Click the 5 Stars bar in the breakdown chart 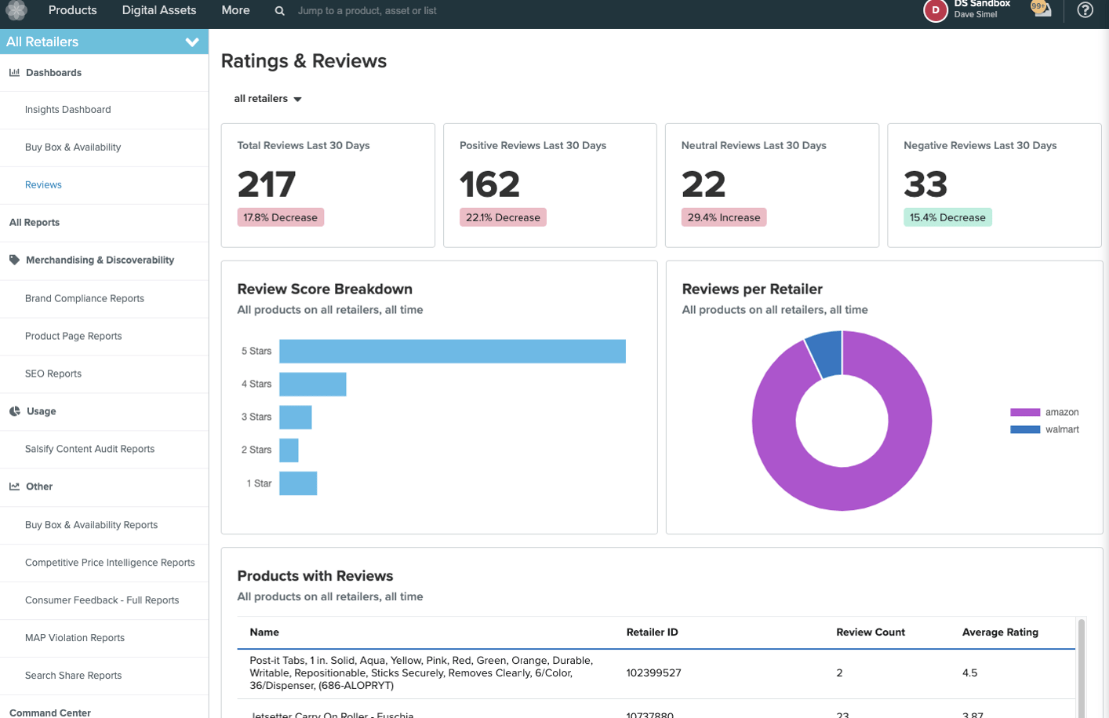pyautogui.click(x=452, y=351)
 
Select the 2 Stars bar pyautogui.click(x=289, y=450)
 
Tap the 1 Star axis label pyautogui.click(x=259, y=483)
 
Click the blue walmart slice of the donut pyautogui.click(x=825, y=353)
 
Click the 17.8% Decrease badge pyautogui.click(x=280, y=217)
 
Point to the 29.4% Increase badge pyautogui.click(x=723, y=217)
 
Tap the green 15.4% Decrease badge pyautogui.click(x=947, y=217)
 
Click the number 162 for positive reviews pyautogui.click(x=489, y=185)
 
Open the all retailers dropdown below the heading pyautogui.click(x=267, y=99)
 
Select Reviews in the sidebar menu pyautogui.click(x=43, y=185)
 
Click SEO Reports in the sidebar pyautogui.click(x=53, y=374)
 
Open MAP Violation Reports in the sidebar pyautogui.click(x=75, y=638)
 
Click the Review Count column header pyautogui.click(x=870, y=632)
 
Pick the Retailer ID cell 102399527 pyautogui.click(x=653, y=672)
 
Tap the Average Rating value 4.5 pyautogui.click(x=969, y=672)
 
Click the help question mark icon pyautogui.click(x=1085, y=10)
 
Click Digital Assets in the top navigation pyautogui.click(x=159, y=10)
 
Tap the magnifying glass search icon pyautogui.click(x=279, y=11)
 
